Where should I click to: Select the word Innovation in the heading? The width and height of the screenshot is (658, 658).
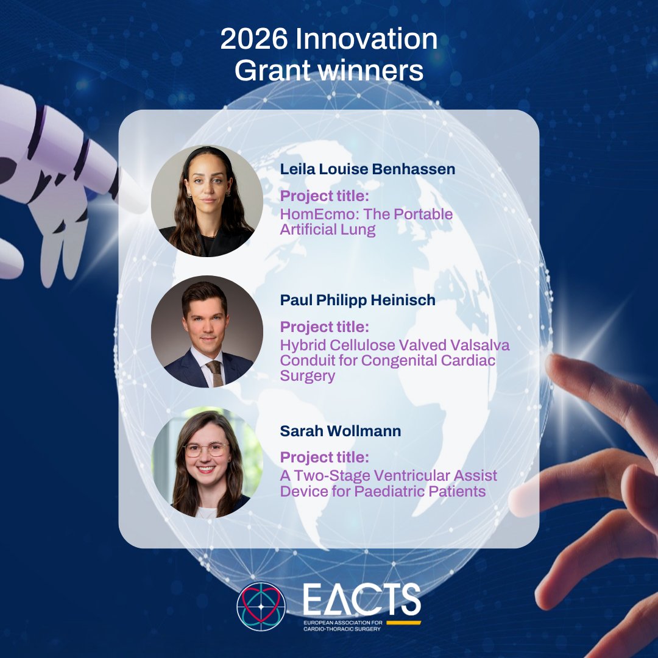366,40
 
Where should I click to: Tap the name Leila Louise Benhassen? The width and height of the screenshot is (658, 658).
367,169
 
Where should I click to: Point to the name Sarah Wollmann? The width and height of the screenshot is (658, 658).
341,431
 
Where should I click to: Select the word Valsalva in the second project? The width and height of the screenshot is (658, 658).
479,345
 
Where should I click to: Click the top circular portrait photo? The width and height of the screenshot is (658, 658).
207,200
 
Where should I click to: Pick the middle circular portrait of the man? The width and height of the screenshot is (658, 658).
207,331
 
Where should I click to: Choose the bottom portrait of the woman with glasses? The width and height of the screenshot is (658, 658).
207,463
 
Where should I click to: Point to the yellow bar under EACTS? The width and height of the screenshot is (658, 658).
403,623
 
